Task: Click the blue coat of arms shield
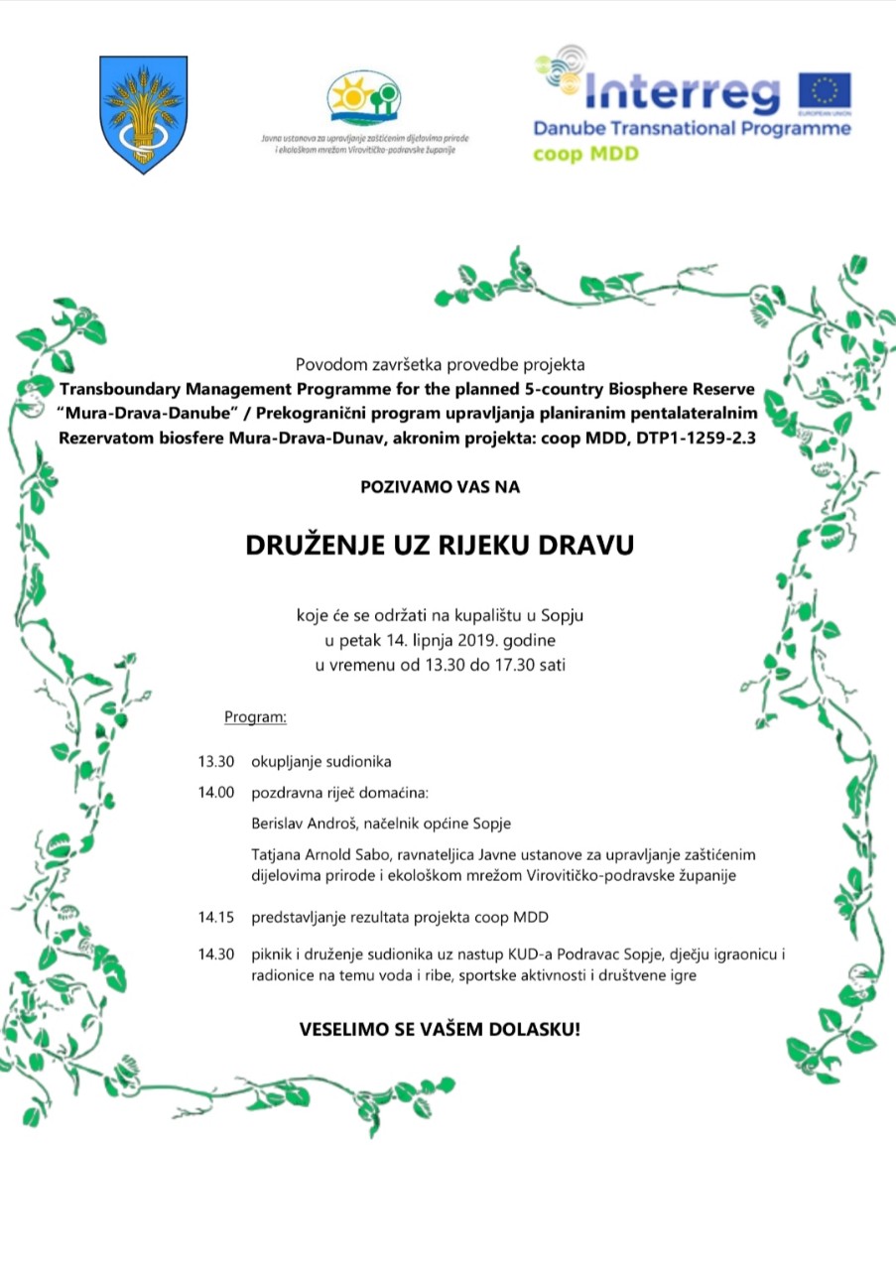tap(144, 113)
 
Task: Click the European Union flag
tap(825, 91)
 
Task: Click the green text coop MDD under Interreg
tap(586, 154)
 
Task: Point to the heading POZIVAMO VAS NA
tap(439, 487)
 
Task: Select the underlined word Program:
tap(255, 715)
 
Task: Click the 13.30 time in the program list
tap(215, 762)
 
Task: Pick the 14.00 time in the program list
tap(215, 793)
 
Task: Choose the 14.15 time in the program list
tap(215, 916)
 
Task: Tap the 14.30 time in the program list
tap(215, 954)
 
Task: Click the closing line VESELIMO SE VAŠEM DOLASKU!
tap(440, 1029)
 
